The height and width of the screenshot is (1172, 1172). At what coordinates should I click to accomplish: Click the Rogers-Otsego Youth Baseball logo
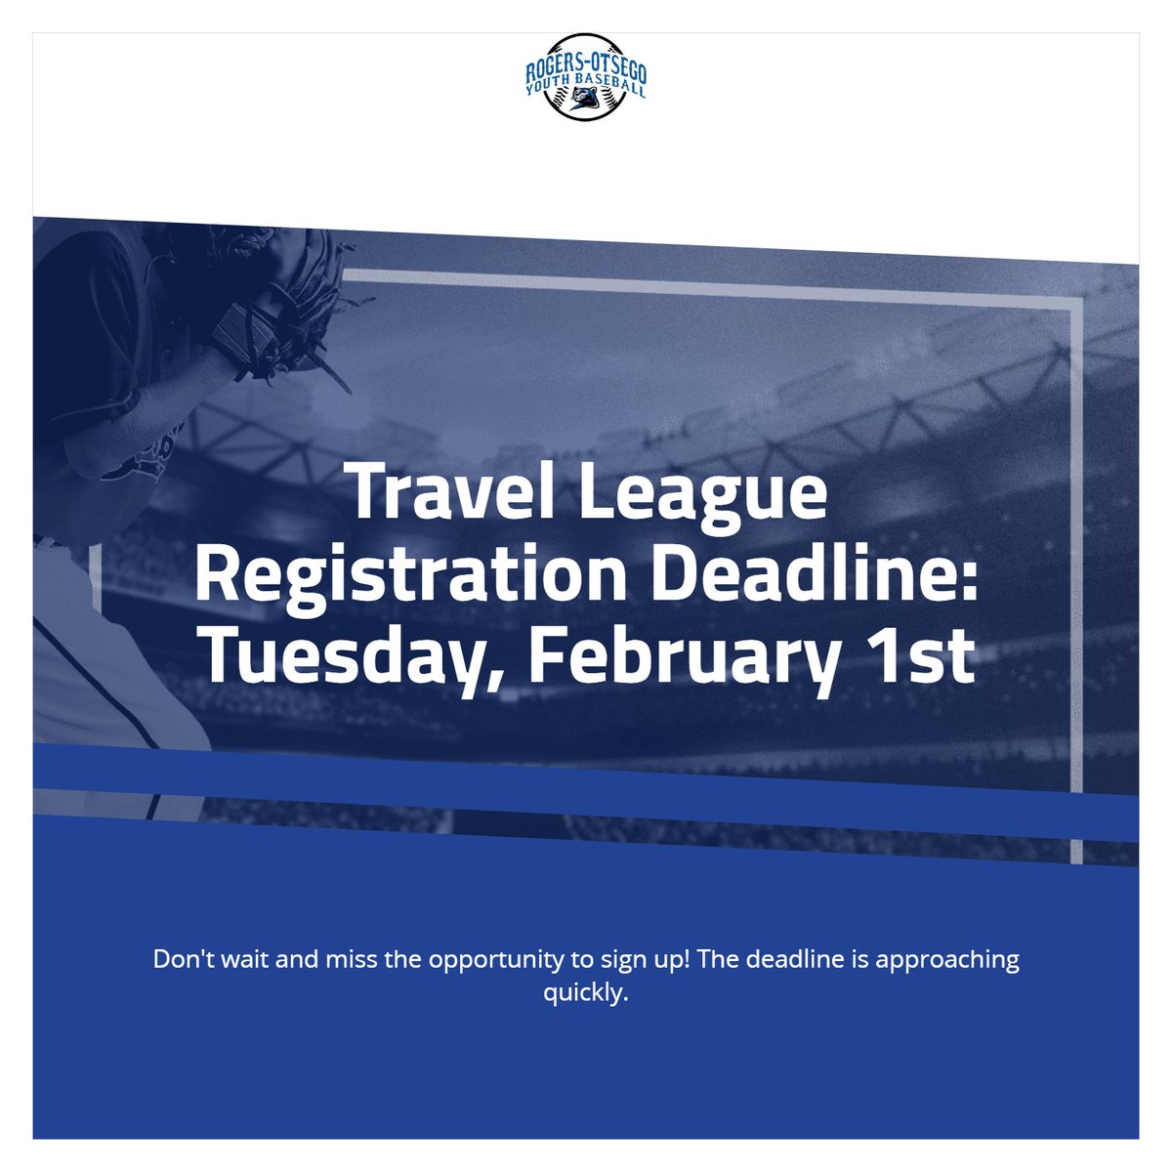(x=586, y=77)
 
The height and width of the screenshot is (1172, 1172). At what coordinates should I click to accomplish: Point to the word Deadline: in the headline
(x=815, y=573)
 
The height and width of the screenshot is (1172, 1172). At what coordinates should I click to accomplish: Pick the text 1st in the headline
(x=920, y=655)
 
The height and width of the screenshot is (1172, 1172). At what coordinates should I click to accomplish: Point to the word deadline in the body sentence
(x=795, y=959)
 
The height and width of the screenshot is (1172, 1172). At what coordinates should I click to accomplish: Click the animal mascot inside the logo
(x=586, y=98)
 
